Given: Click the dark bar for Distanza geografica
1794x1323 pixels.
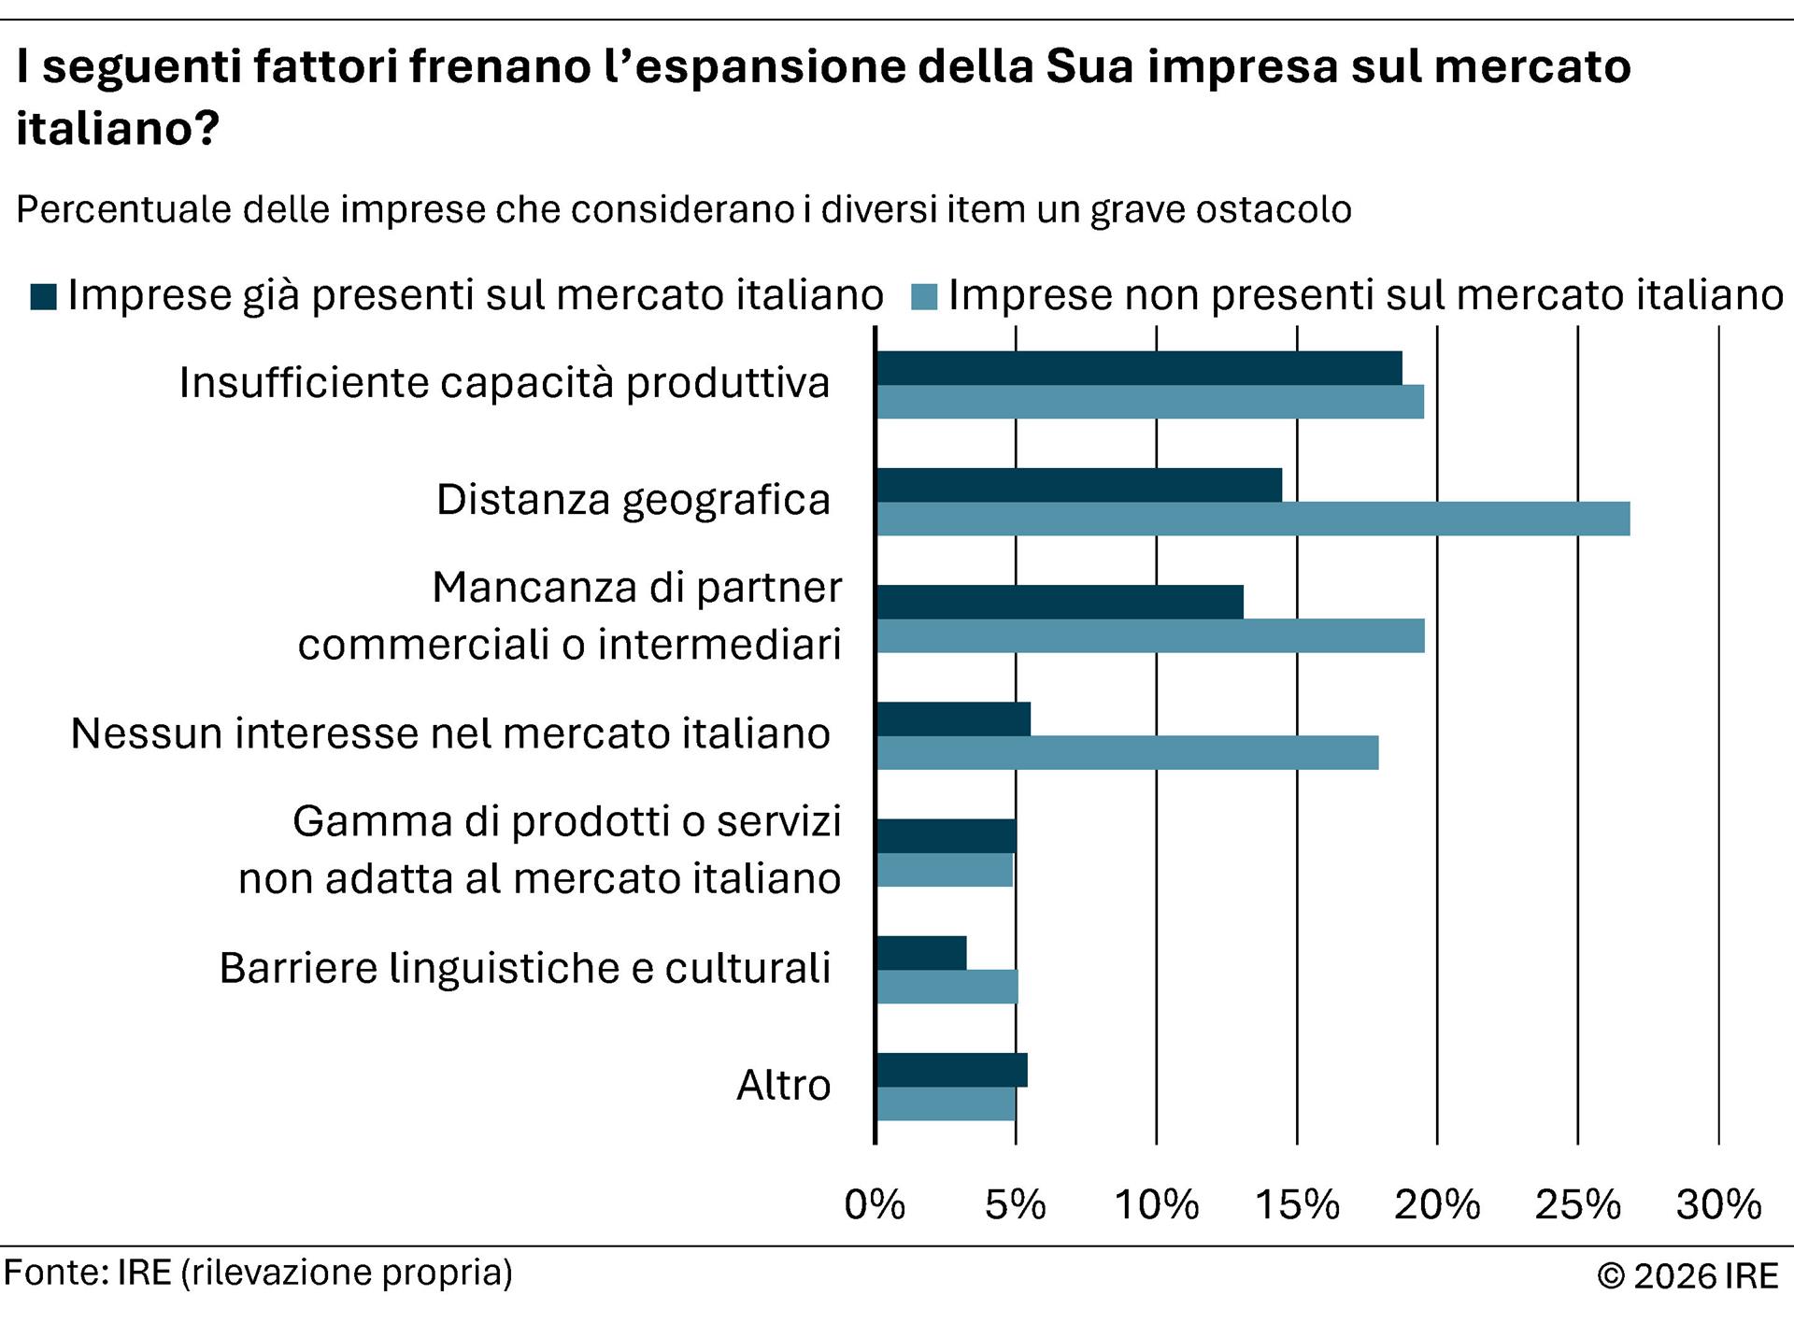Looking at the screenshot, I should tap(1079, 485).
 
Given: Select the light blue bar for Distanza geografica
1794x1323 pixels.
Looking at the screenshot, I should tap(1253, 519).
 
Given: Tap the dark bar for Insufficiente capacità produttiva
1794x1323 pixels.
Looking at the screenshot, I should tap(1139, 368).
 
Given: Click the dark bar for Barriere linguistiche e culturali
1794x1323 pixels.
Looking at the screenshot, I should tap(921, 953).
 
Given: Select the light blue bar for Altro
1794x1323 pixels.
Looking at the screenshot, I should tap(946, 1104).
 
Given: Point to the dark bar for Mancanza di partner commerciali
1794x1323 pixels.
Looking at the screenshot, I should tap(1060, 603).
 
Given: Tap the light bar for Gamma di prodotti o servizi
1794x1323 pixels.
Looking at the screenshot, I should tap(945, 870).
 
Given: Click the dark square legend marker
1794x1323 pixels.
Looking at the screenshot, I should tap(43, 296).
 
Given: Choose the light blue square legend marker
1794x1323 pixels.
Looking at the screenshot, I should tap(924, 296).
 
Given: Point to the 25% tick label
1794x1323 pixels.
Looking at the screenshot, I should tap(1577, 1205).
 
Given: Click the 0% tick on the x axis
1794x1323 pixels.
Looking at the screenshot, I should tap(875, 1205).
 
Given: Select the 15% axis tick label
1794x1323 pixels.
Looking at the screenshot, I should tap(1296, 1205).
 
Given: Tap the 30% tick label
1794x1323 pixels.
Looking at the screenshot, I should tap(1718, 1205).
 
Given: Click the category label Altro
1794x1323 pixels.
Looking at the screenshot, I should tap(783, 1086).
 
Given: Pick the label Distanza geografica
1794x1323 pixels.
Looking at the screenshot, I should tap(633, 500).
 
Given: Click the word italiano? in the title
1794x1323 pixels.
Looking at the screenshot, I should tap(117, 127).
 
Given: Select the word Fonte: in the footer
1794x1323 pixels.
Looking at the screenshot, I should tap(56, 1273).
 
